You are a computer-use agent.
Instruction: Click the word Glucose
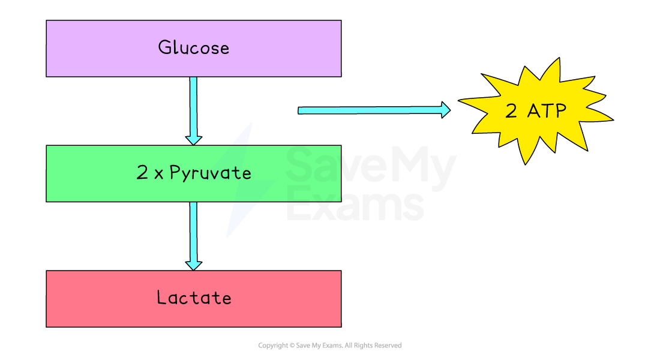pyautogui.click(x=193, y=47)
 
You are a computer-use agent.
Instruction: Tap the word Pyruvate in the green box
pyautogui.click(x=210, y=173)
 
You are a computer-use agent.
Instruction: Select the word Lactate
pyautogui.click(x=193, y=298)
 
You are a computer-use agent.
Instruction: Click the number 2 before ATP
pyautogui.click(x=511, y=111)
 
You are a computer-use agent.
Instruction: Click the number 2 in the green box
pyautogui.click(x=142, y=173)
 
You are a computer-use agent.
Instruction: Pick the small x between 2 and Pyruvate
pyautogui.click(x=158, y=175)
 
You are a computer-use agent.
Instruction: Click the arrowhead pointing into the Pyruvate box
pyautogui.click(x=193, y=139)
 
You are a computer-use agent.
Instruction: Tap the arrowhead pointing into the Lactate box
pyautogui.click(x=193, y=265)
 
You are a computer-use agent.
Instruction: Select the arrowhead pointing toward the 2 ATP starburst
pyautogui.click(x=445, y=109)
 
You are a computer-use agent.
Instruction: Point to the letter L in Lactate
pyautogui.click(x=161, y=298)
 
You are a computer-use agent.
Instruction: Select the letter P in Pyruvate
pyautogui.click(x=175, y=173)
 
